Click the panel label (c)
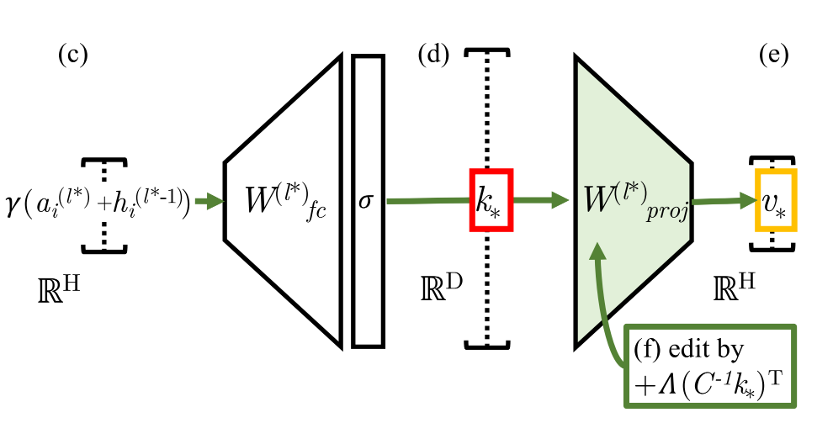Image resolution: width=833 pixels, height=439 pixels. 73,56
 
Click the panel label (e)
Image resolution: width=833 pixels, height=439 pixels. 772,56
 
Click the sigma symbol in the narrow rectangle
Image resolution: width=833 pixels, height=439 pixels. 366,202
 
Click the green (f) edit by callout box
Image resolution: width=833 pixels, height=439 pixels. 711,366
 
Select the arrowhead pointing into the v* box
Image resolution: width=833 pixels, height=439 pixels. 747,199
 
